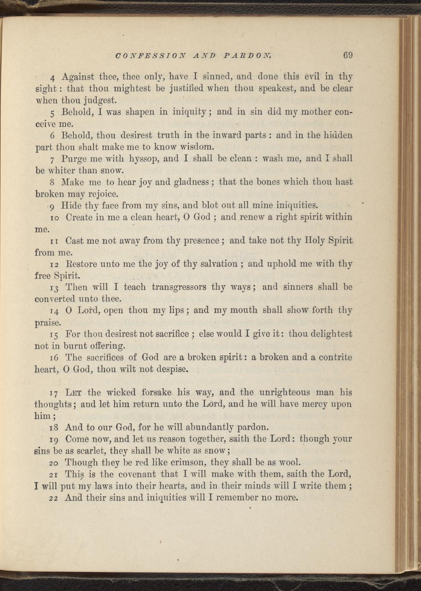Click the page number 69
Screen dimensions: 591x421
point(347,55)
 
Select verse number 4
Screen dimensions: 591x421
point(52,78)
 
